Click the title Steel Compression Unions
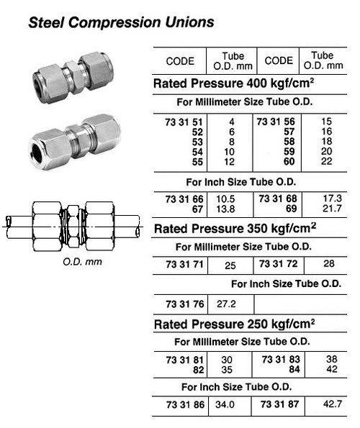coord(121,22)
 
